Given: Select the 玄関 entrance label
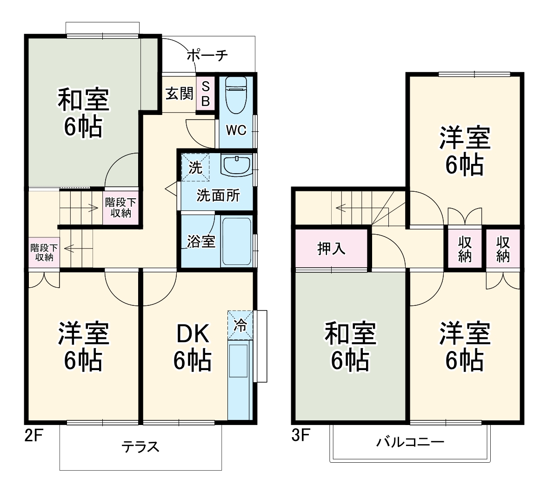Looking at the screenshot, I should [179, 94].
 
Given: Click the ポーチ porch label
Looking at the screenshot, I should [207, 56].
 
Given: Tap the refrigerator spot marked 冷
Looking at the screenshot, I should [240, 325].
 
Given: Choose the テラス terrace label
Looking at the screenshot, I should [140, 447].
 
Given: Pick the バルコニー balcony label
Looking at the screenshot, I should [410, 441].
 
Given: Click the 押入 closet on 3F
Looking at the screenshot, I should [331, 249].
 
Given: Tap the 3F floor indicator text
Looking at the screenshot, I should [300, 436].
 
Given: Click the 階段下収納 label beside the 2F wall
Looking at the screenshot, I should [44, 252].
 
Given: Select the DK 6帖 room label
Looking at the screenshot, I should [193, 347].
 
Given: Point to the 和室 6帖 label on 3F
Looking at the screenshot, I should [350, 347].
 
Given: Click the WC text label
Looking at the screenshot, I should [236, 130].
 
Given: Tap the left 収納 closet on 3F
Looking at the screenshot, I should [465, 249].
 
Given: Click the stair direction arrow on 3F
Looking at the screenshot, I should [342, 208].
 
